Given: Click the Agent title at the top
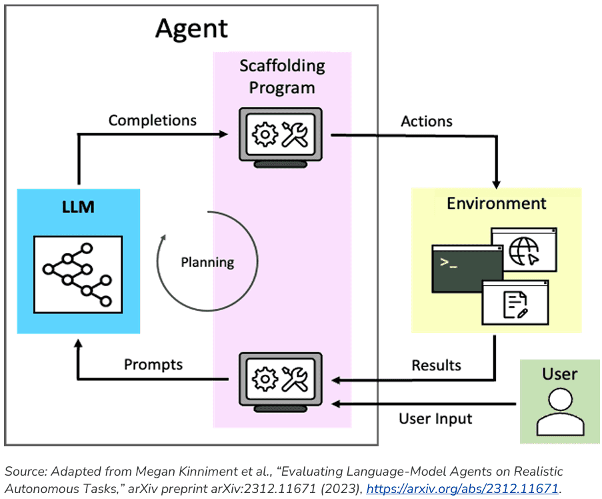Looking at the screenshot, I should [191, 29].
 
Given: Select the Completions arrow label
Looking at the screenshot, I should [153, 121].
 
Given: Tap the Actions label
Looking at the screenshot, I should [427, 121].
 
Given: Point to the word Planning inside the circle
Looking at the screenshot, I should [207, 262].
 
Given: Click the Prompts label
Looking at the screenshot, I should [153, 365].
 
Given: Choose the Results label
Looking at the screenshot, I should [436, 365].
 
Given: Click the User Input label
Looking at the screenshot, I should [435, 419].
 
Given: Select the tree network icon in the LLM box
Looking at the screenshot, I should [78, 274].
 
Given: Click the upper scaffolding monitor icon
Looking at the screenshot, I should [280, 137].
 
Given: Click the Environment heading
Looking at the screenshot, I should [497, 203].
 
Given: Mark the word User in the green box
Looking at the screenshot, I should [559, 374].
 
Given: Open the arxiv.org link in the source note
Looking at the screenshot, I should [462, 489].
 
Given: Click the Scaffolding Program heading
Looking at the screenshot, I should [282, 77].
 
